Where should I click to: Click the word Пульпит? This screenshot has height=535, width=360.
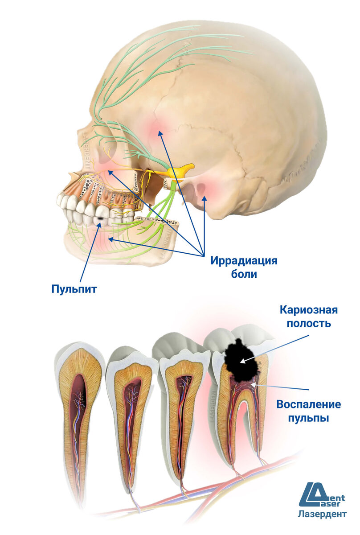[x=74, y=288]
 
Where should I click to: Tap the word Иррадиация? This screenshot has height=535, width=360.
[x=244, y=261]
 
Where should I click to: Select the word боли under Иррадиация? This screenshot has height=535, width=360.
[x=244, y=274]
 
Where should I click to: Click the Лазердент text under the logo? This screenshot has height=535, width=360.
[x=322, y=514]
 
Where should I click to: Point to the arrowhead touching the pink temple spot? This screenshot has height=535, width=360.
[x=159, y=132]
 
